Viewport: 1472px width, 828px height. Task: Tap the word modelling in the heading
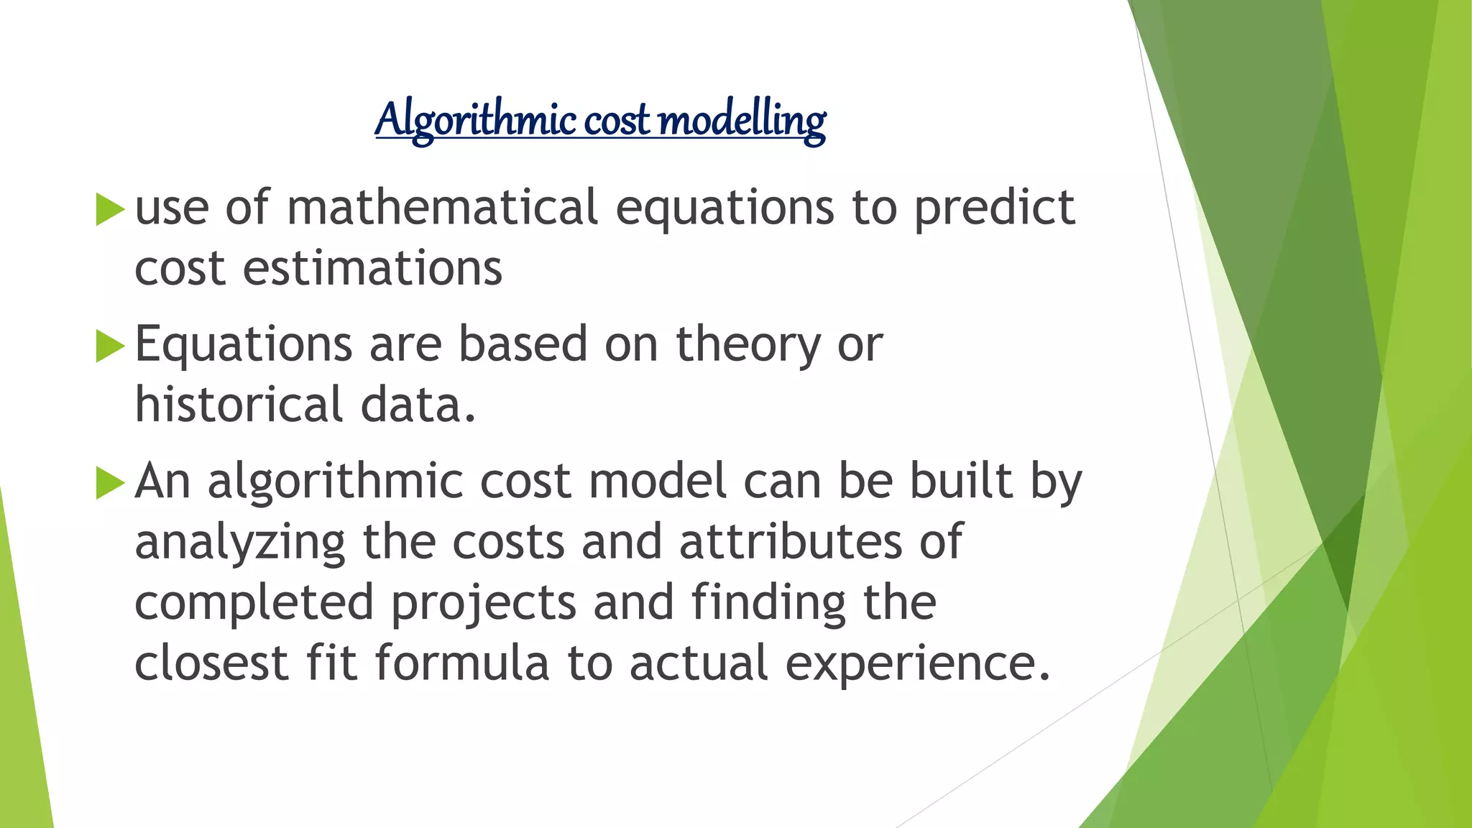point(742,119)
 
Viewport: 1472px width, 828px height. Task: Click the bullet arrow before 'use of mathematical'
point(109,209)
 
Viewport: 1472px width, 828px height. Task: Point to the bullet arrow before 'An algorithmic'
point(109,482)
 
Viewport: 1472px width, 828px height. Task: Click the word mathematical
point(442,208)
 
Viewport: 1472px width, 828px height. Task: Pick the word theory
point(747,346)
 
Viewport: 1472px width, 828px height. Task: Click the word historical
point(238,405)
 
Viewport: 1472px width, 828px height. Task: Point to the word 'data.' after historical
point(418,405)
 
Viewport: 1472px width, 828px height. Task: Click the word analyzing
point(239,543)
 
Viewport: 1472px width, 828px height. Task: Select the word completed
point(254,604)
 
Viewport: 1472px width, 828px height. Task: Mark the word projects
point(483,604)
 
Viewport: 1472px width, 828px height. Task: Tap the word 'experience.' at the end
point(917,664)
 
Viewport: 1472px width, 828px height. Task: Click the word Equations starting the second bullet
point(243,346)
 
